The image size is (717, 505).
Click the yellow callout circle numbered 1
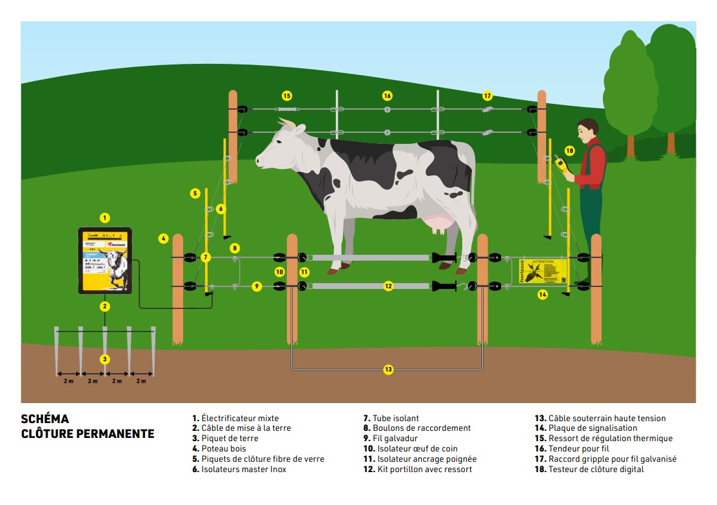(105, 218)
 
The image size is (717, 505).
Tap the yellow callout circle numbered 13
(388, 370)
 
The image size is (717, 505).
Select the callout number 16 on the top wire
(387, 96)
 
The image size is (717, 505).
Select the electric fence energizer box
(105, 260)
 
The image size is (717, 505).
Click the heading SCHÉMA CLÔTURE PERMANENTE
(88, 426)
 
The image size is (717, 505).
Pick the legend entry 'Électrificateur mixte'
(235, 419)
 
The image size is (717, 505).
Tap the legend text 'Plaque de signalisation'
(586, 428)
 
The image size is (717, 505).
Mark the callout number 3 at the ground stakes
(105, 359)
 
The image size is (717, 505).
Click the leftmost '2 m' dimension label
(68, 381)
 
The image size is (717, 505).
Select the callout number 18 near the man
(569, 151)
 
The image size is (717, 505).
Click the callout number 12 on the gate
(388, 286)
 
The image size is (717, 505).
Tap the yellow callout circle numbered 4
(164, 239)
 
